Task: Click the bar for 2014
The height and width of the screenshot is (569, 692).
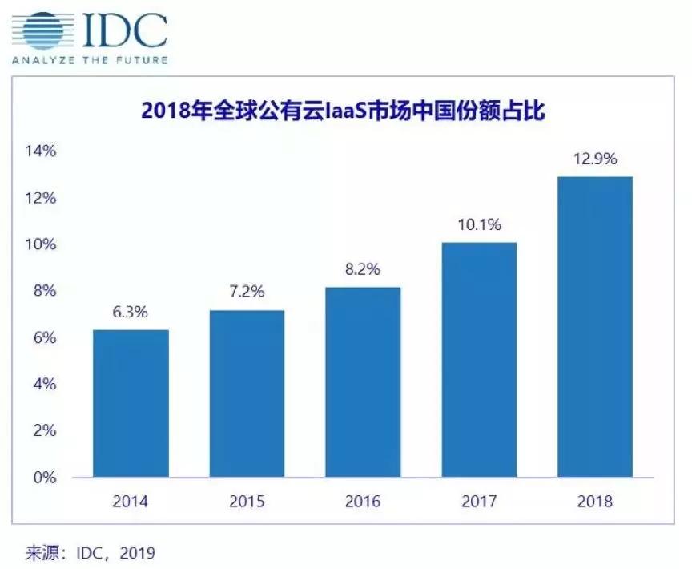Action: pyautogui.click(x=131, y=403)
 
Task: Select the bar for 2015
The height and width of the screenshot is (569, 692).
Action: pyautogui.click(x=247, y=393)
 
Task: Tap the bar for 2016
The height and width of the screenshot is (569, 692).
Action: pyautogui.click(x=363, y=381)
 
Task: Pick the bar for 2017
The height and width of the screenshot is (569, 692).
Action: pyautogui.click(x=479, y=360)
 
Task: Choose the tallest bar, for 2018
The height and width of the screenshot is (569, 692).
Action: pyautogui.click(x=594, y=327)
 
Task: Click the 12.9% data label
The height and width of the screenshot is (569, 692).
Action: pyautogui.click(x=594, y=159)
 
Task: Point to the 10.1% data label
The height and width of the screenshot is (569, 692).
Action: pyautogui.click(x=479, y=225)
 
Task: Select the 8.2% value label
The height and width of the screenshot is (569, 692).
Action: pyautogui.click(x=363, y=270)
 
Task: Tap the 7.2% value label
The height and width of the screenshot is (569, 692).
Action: pyautogui.click(x=247, y=293)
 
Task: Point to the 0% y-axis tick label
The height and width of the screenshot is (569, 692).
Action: pyautogui.click(x=45, y=478)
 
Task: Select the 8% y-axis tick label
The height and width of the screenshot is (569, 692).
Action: pyautogui.click(x=45, y=291)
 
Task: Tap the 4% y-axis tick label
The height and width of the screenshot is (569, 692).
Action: pyautogui.click(x=45, y=384)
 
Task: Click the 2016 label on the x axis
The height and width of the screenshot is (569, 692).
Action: pyautogui.click(x=363, y=502)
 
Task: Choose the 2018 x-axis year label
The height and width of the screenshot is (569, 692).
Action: pyautogui.click(x=594, y=502)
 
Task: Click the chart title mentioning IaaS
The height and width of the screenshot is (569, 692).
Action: pyautogui.click(x=343, y=111)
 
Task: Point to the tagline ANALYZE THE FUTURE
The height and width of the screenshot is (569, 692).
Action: pyautogui.click(x=89, y=60)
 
